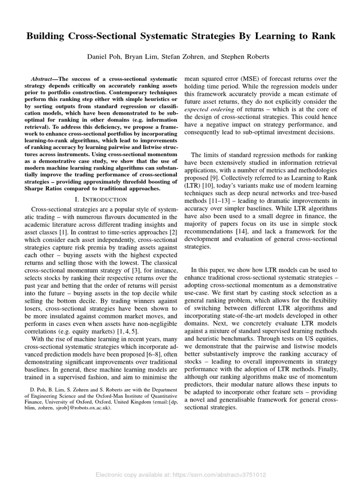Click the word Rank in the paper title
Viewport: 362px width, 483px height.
[x=322, y=37]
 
